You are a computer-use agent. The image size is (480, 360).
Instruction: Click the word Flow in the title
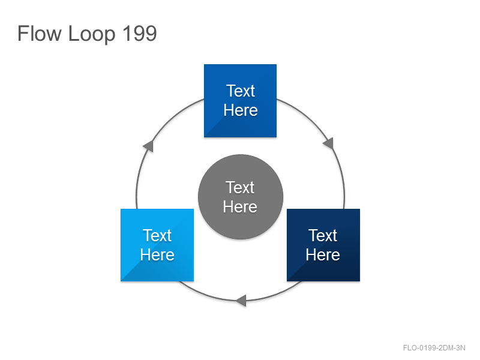point(39,33)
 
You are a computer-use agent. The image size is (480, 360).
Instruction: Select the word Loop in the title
point(92,34)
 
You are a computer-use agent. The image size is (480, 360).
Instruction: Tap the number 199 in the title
point(140,33)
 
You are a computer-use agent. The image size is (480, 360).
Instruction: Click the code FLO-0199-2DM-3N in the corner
point(434,348)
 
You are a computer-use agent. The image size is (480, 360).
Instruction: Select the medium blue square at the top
point(241,101)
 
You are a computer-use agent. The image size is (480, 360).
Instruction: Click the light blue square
point(157,245)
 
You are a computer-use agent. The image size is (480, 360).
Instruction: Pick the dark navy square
point(323,245)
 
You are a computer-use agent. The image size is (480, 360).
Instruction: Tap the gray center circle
point(241,197)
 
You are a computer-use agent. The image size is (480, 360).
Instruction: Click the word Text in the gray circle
point(240,187)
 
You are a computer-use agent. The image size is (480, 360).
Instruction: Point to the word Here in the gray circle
point(240,206)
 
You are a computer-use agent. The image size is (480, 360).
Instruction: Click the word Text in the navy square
point(323,235)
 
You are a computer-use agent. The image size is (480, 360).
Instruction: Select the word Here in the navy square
point(323,254)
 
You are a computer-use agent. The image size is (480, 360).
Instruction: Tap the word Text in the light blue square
point(157,235)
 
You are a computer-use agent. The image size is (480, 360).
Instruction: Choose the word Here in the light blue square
point(157,254)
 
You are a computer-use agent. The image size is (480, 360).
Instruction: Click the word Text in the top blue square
point(241,91)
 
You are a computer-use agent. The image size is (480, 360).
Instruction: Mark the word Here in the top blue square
point(241,110)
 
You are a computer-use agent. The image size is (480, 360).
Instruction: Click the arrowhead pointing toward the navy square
point(329,143)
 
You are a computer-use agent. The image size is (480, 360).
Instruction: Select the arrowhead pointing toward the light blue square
point(241,301)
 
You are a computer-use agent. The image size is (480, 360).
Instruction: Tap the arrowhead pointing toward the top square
point(148,146)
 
